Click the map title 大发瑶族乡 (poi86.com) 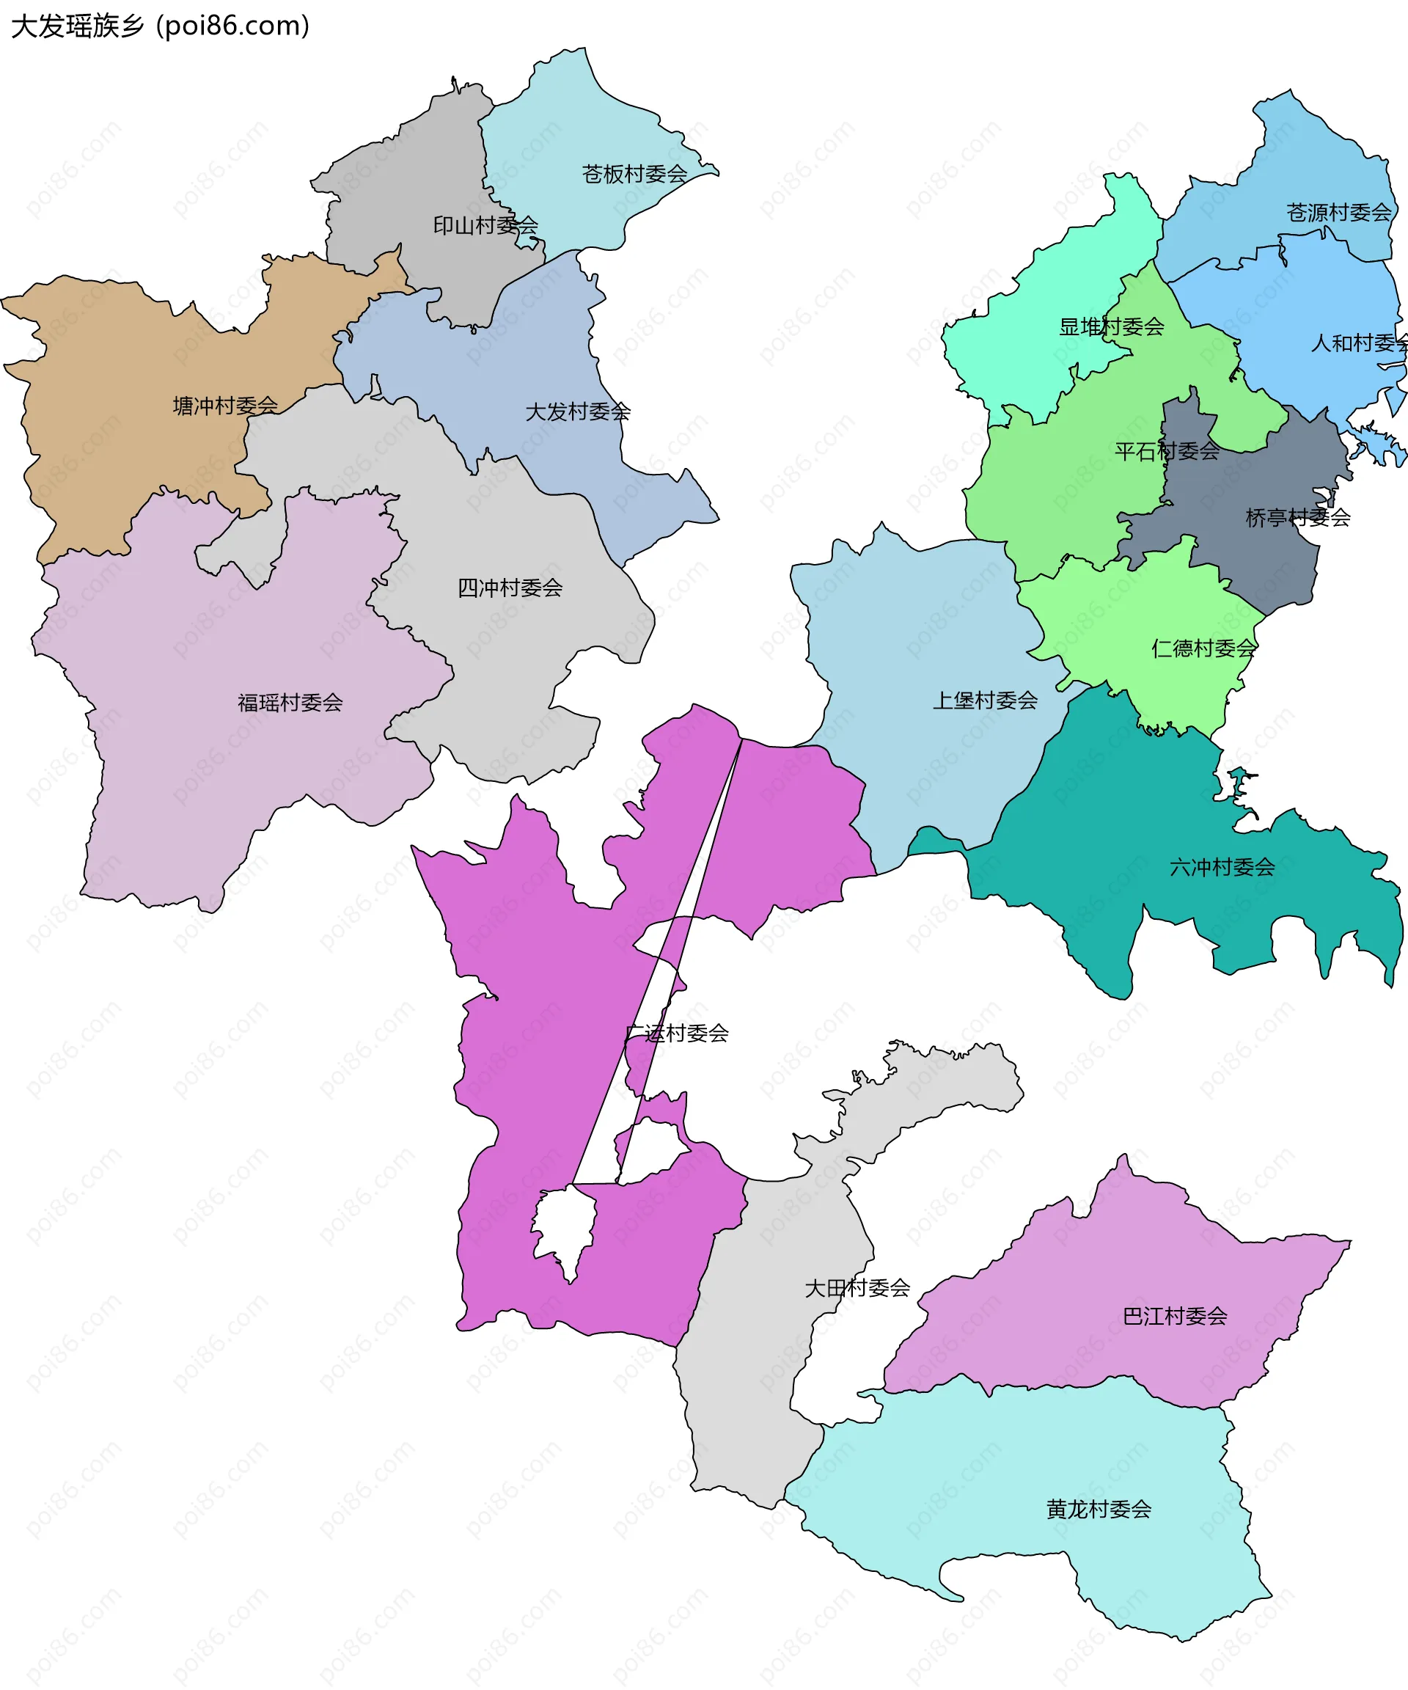pyautogui.click(x=159, y=26)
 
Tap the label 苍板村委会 pyautogui.click(x=634, y=174)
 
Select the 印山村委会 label pyautogui.click(x=485, y=225)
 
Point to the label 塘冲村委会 pyautogui.click(x=225, y=406)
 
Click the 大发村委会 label pyautogui.click(x=578, y=412)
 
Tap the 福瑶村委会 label pyautogui.click(x=290, y=703)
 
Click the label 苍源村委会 pyautogui.click(x=1338, y=213)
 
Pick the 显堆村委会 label pyautogui.click(x=1111, y=326)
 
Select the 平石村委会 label pyautogui.click(x=1167, y=451)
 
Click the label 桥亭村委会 pyautogui.click(x=1297, y=517)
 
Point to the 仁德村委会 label pyautogui.click(x=1203, y=648)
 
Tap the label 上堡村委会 pyautogui.click(x=985, y=700)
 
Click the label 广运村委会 pyautogui.click(x=677, y=1034)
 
